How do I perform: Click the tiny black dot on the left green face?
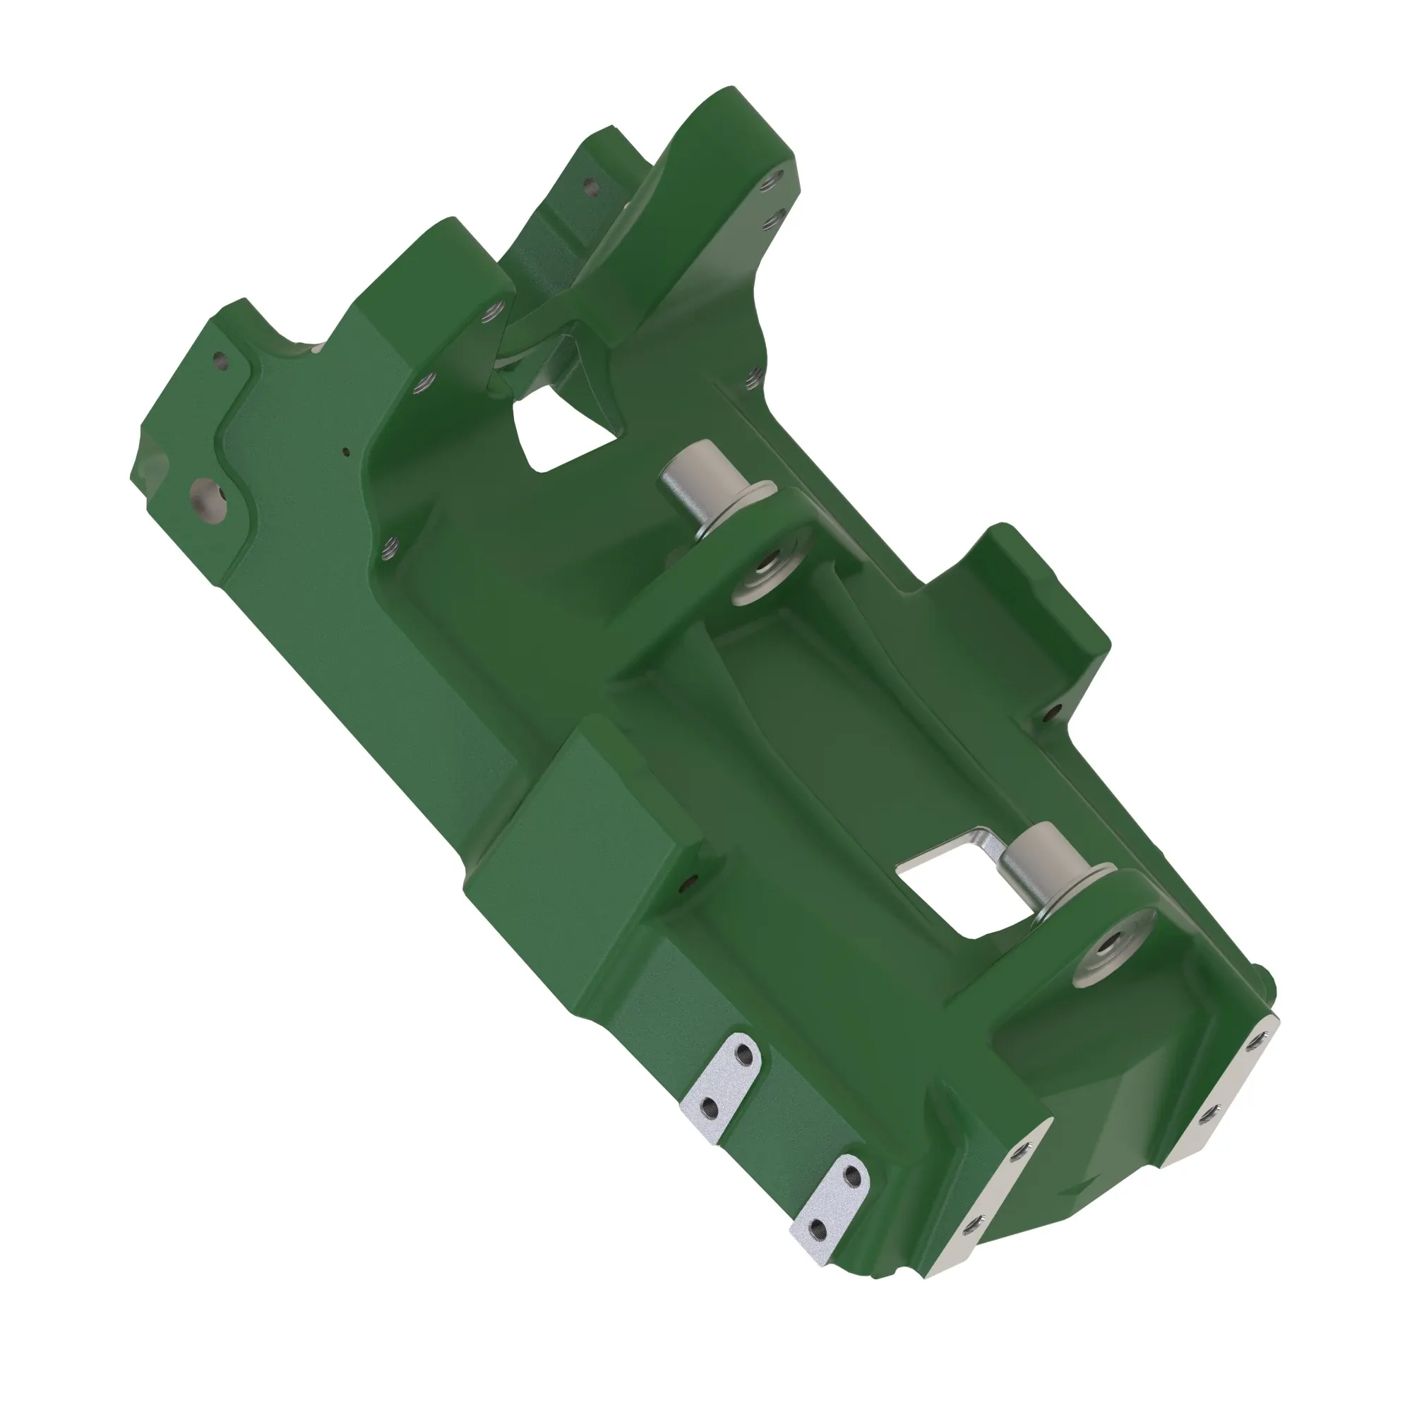tap(347, 451)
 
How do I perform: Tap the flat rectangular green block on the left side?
tap(578, 840)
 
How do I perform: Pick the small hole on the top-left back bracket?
tap(590, 187)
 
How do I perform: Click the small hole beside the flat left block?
tap(685, 886)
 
